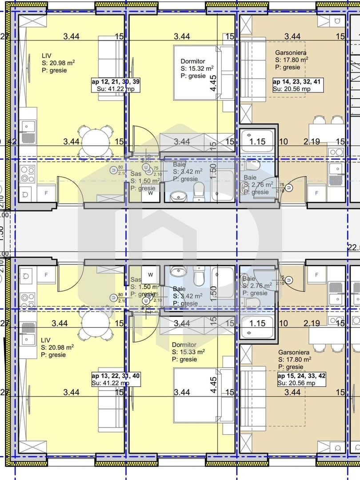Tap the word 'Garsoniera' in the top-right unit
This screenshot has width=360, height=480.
click(x=291, y=52)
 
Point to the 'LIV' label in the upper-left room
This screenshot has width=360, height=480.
click(x=46, y=56)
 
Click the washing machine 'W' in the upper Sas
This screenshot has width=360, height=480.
click(x=151, y=193)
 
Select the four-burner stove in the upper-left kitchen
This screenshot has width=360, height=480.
click(x=27, y=173)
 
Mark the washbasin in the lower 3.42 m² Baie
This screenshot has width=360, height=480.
click(x=180, y=271)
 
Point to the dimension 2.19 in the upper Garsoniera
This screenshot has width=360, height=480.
click(x=311, y=142)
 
